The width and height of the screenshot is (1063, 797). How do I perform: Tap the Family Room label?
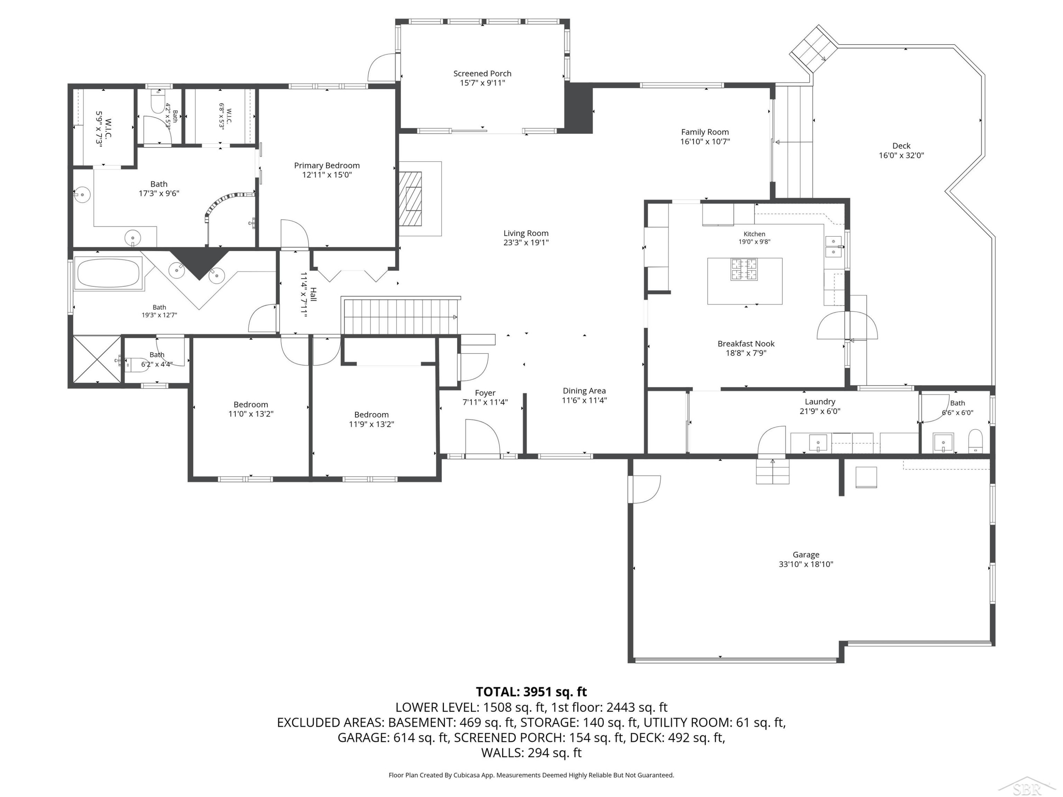pyautogui.click(x=705, y=132)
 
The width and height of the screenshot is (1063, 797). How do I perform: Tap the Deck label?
pyautogui.click(x=901, y=146)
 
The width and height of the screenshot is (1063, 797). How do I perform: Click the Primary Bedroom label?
pyautogui.click(x=327, y=166)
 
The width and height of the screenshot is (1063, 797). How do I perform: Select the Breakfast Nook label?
pyautogui.click(x=746, y=344)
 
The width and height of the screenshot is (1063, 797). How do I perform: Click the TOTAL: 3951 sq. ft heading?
pyautogui.click(x=531, y=692)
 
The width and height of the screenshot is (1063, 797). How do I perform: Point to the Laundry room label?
pyautogui.click(x=820, y=402)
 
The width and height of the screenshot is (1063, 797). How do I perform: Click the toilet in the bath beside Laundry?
pyautogui.click(x=975, y=441)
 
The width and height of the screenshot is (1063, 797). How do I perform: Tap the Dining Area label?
pyautogui.click(x=584, y=391)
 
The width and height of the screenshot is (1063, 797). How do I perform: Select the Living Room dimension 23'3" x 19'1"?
pyautogui.click(x=526, y=243)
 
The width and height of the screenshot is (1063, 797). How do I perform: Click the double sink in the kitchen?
pyautogui.click(x=834, y=247)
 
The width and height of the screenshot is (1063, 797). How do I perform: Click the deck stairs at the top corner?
pyautogui.click(x=814, y=49)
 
